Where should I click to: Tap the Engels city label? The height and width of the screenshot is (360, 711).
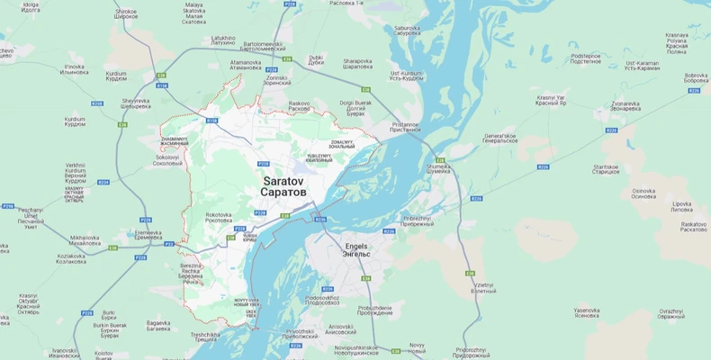pyautogui.click(x=357, y=249)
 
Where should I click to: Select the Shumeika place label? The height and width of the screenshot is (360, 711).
pyautogui.click(x=437, y=167)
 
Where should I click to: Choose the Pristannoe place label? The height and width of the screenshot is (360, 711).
pyautogui.click(x=406, y=127)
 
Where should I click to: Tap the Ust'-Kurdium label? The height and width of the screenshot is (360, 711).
pyautogui.click(x=406, y=75)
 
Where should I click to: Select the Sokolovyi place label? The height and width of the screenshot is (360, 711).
pyautogui.click(x=167, y=161)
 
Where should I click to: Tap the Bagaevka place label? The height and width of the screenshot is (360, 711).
pyautogui.click(x=158, y=325)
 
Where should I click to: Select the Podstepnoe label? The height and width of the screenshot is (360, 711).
pyautogui.click(x=586, y=58)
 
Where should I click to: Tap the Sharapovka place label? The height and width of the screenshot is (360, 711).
pyautogui.click(x=357, y=64)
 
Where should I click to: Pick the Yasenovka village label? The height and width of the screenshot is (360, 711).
pyautogui.click(x=587, y=313)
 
